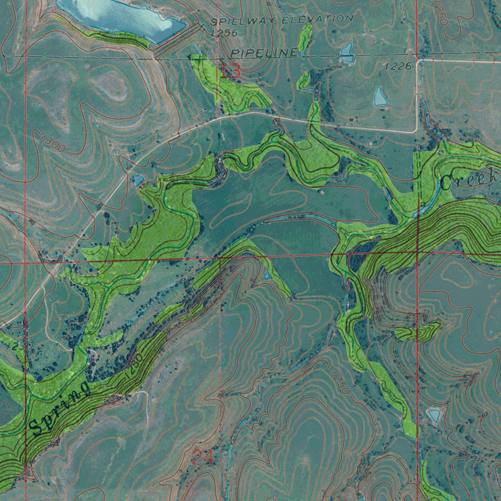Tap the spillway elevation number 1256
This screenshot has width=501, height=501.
[x=224, y=33]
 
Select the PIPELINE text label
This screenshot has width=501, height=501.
[x=264, y=52]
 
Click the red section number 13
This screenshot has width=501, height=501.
[x=230, y=71]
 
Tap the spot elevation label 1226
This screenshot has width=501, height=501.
[x=398, y=66]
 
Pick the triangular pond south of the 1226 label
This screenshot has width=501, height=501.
[x=381, y=96]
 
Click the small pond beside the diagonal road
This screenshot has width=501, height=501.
[x=137, y=181]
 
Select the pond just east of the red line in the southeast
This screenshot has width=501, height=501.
[x=433, y=415]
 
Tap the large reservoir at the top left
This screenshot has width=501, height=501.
[x=120, y=17]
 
